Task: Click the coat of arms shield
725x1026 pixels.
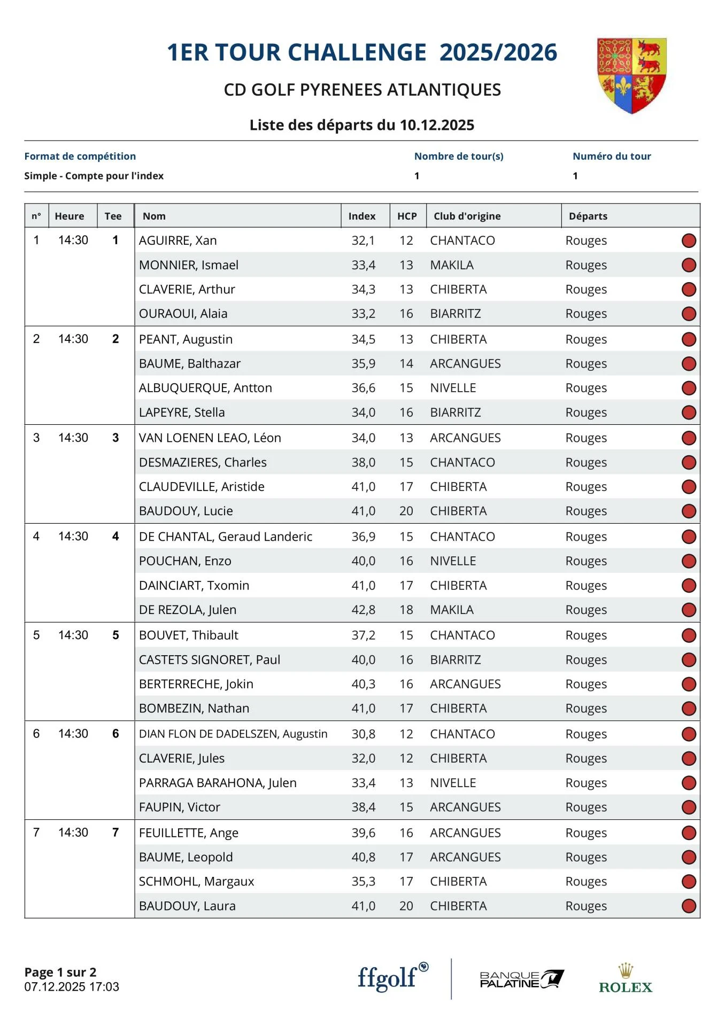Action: [631, 75]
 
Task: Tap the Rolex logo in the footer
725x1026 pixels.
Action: [626, 979]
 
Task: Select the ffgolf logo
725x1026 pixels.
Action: [392, 977]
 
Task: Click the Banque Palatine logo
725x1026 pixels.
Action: [521, 979]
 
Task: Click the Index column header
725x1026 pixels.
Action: [362, 216]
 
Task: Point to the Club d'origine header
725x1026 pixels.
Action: [467, 216]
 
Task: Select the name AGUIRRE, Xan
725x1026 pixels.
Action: [178, 240]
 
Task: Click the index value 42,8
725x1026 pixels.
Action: [363, 610]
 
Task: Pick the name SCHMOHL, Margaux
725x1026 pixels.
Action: [196, 881]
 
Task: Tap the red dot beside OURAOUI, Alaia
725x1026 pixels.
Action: [689, 314]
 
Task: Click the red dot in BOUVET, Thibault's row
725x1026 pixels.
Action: [689, 635]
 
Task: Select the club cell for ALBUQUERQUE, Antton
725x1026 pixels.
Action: [453, 388]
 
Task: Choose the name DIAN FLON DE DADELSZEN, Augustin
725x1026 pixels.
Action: [233, 734]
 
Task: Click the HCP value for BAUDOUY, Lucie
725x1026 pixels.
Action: [406, 511]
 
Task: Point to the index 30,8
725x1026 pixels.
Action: [363, 734]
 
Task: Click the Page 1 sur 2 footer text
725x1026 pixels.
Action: [60, 972]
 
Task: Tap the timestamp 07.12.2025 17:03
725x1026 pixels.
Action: [72, 986]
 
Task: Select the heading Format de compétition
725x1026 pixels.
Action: [80, 156]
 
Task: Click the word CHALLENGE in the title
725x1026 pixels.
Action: [358, 52]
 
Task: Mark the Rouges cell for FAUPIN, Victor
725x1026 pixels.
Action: [586, 807]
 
